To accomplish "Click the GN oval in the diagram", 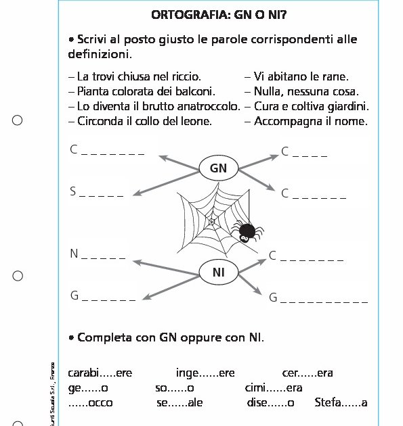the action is coord(218,168).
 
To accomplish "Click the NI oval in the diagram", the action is coord(218,273).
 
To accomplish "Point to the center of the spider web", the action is coord(211,221).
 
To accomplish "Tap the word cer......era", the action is coord(307,373).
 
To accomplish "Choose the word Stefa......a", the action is coord(341,403).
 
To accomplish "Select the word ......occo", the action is coord(91,403).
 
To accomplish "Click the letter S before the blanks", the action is coord(73,192).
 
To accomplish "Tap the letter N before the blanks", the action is coord(74,254).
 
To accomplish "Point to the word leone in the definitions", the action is coord(196,122).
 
